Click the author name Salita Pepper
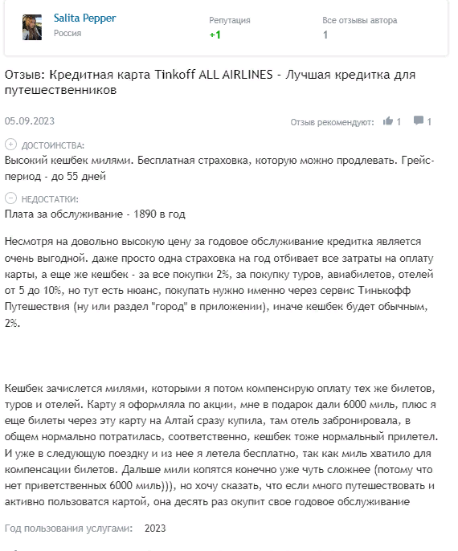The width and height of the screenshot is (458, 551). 84,18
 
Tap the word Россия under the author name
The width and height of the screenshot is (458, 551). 67,34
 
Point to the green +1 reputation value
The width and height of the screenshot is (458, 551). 215,35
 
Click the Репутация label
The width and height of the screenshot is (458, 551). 229,19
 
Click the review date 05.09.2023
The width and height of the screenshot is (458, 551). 29,121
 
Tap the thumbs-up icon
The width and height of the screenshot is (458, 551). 388,121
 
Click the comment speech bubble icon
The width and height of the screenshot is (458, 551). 418,121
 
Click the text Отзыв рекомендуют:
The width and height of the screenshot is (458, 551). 332,122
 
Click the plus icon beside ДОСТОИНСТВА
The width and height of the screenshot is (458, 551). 10,145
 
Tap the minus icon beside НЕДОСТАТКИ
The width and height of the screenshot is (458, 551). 10,198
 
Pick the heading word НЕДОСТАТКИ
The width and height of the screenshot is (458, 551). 50,198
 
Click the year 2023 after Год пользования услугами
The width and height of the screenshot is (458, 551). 155,529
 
